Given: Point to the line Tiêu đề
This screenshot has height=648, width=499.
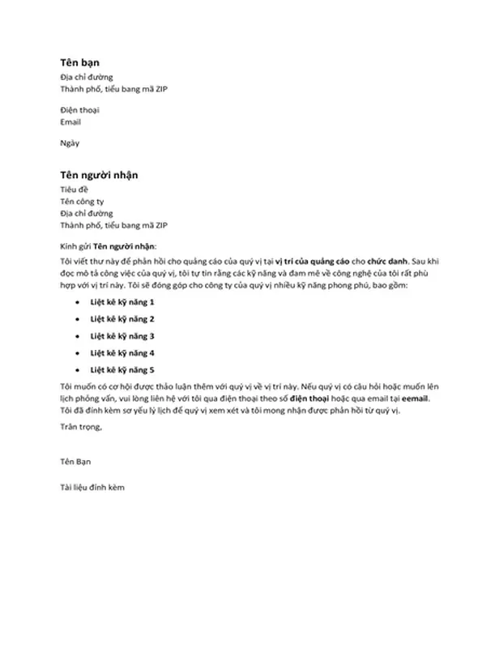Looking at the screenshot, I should point(75,190).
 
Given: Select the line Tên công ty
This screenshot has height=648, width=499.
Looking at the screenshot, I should point(83,201).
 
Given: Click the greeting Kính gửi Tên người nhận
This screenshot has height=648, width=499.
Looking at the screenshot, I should point(109,245).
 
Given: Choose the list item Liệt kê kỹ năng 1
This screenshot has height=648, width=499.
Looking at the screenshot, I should point(122,302).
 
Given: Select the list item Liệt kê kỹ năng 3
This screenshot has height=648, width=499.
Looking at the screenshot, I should point(122,335).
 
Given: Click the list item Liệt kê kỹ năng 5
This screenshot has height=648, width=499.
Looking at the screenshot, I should point(122,369).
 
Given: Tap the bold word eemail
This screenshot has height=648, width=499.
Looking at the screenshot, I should point(414,399).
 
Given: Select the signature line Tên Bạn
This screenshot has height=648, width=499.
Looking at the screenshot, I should point(77,461).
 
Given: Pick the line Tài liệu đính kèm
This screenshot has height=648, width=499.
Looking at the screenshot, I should point(92,488).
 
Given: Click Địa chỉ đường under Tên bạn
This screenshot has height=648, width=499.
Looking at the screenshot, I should point(86,76).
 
